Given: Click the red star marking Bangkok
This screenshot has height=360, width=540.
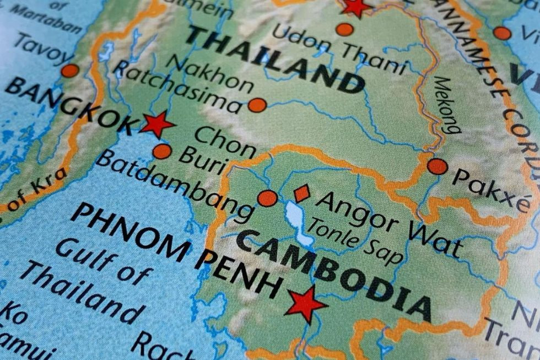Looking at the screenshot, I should click(156, 124).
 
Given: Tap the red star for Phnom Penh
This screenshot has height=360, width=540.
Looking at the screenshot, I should click(305, 304).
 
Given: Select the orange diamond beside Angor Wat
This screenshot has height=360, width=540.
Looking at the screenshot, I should click(301, 193).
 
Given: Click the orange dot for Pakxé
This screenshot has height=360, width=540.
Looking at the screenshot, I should click(437, 166).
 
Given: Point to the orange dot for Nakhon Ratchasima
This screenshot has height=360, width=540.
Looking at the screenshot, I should click(257, 105).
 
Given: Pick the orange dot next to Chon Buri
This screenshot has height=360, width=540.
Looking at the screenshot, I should click(162, 151).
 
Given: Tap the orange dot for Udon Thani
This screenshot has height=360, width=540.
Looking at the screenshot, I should click(344, 29).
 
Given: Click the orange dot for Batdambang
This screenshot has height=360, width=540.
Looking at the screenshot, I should click(267, 198).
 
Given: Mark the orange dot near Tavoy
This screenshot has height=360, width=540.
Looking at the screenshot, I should click(70, 71).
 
